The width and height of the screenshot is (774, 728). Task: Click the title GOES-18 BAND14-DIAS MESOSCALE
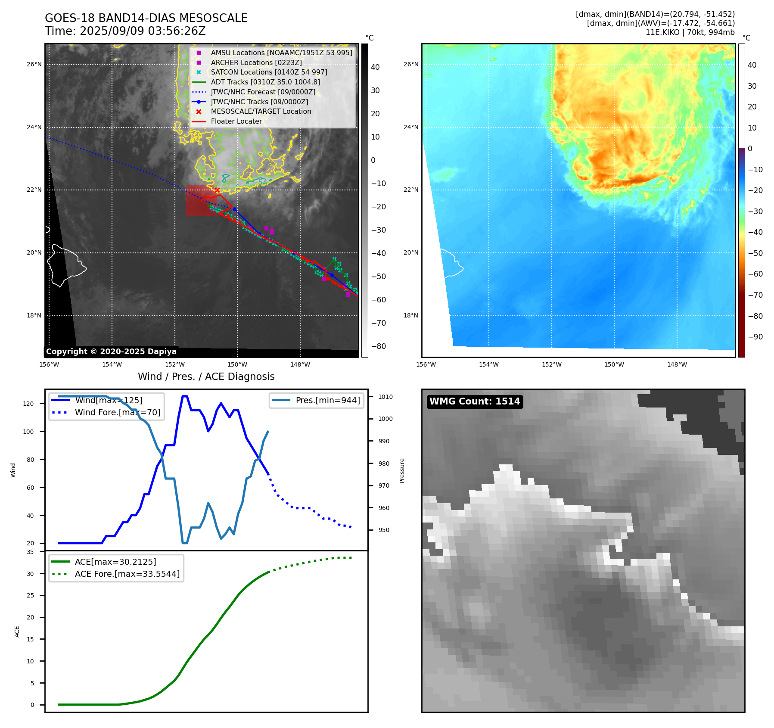click(x=146, y=18)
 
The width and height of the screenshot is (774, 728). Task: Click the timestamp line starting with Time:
click(x=125, y=31)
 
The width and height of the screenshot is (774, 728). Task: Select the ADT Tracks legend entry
click(x=265, y=82)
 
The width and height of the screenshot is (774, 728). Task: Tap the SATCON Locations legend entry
click(x=269, y=72)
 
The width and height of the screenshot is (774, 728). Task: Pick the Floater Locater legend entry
click(x=236, y=121)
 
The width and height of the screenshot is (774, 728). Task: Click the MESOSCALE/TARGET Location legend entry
click(x=261, y=111)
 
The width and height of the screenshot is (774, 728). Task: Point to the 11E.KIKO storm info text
click(x=690, y=32)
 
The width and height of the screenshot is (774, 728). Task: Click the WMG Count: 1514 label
click(x=475, y=401)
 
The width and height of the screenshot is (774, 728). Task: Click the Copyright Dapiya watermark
click(x=111, y=352)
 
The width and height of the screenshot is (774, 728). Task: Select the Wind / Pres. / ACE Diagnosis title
click(x=206, y=376)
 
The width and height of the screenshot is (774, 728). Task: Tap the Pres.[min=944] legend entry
click(x=327, y=400)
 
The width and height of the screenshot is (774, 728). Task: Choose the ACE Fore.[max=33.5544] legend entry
click(x=127, y=574)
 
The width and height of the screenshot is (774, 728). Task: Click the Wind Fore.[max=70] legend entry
click(x=117, y=412)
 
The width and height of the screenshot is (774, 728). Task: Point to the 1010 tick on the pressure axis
click(x=385, y=397)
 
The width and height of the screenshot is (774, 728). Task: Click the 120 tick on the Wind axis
click(x=28, y=404)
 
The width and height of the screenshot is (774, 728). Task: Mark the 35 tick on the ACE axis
click(x=30, y=552)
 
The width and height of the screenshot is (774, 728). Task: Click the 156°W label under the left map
click(x=49, y=365)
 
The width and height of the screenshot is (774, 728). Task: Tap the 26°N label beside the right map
click(x=410, y=65)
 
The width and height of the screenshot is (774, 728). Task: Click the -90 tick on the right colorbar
click(x=755, y=337)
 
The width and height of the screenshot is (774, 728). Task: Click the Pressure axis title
click(x=402, y=470)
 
